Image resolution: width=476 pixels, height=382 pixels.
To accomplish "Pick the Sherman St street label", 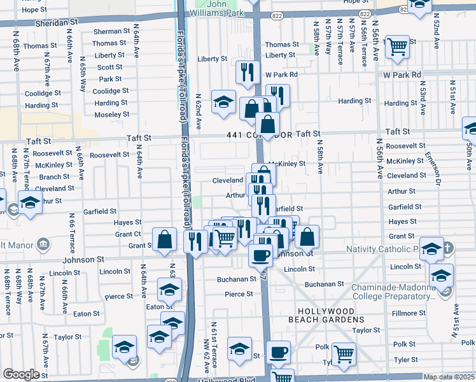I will point(111,31).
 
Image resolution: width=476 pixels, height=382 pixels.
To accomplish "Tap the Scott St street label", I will point(109,67).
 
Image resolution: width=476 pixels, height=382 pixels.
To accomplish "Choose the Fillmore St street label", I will point(408,313).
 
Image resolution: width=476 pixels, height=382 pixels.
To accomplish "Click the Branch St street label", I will point(55,177).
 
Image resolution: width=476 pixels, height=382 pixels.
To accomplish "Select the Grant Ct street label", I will point(128,234).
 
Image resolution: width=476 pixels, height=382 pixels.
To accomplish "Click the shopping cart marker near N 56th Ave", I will point(397,46).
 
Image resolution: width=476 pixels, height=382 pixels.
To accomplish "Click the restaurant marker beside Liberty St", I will point(246,72).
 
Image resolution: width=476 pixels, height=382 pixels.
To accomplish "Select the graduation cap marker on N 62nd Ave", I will point(223,103).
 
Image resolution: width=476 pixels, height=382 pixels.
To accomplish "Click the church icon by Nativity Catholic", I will point(447,248).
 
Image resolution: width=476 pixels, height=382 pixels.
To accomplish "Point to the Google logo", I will point(20,374).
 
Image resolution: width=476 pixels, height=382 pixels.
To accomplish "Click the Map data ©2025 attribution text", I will point(449,377).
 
